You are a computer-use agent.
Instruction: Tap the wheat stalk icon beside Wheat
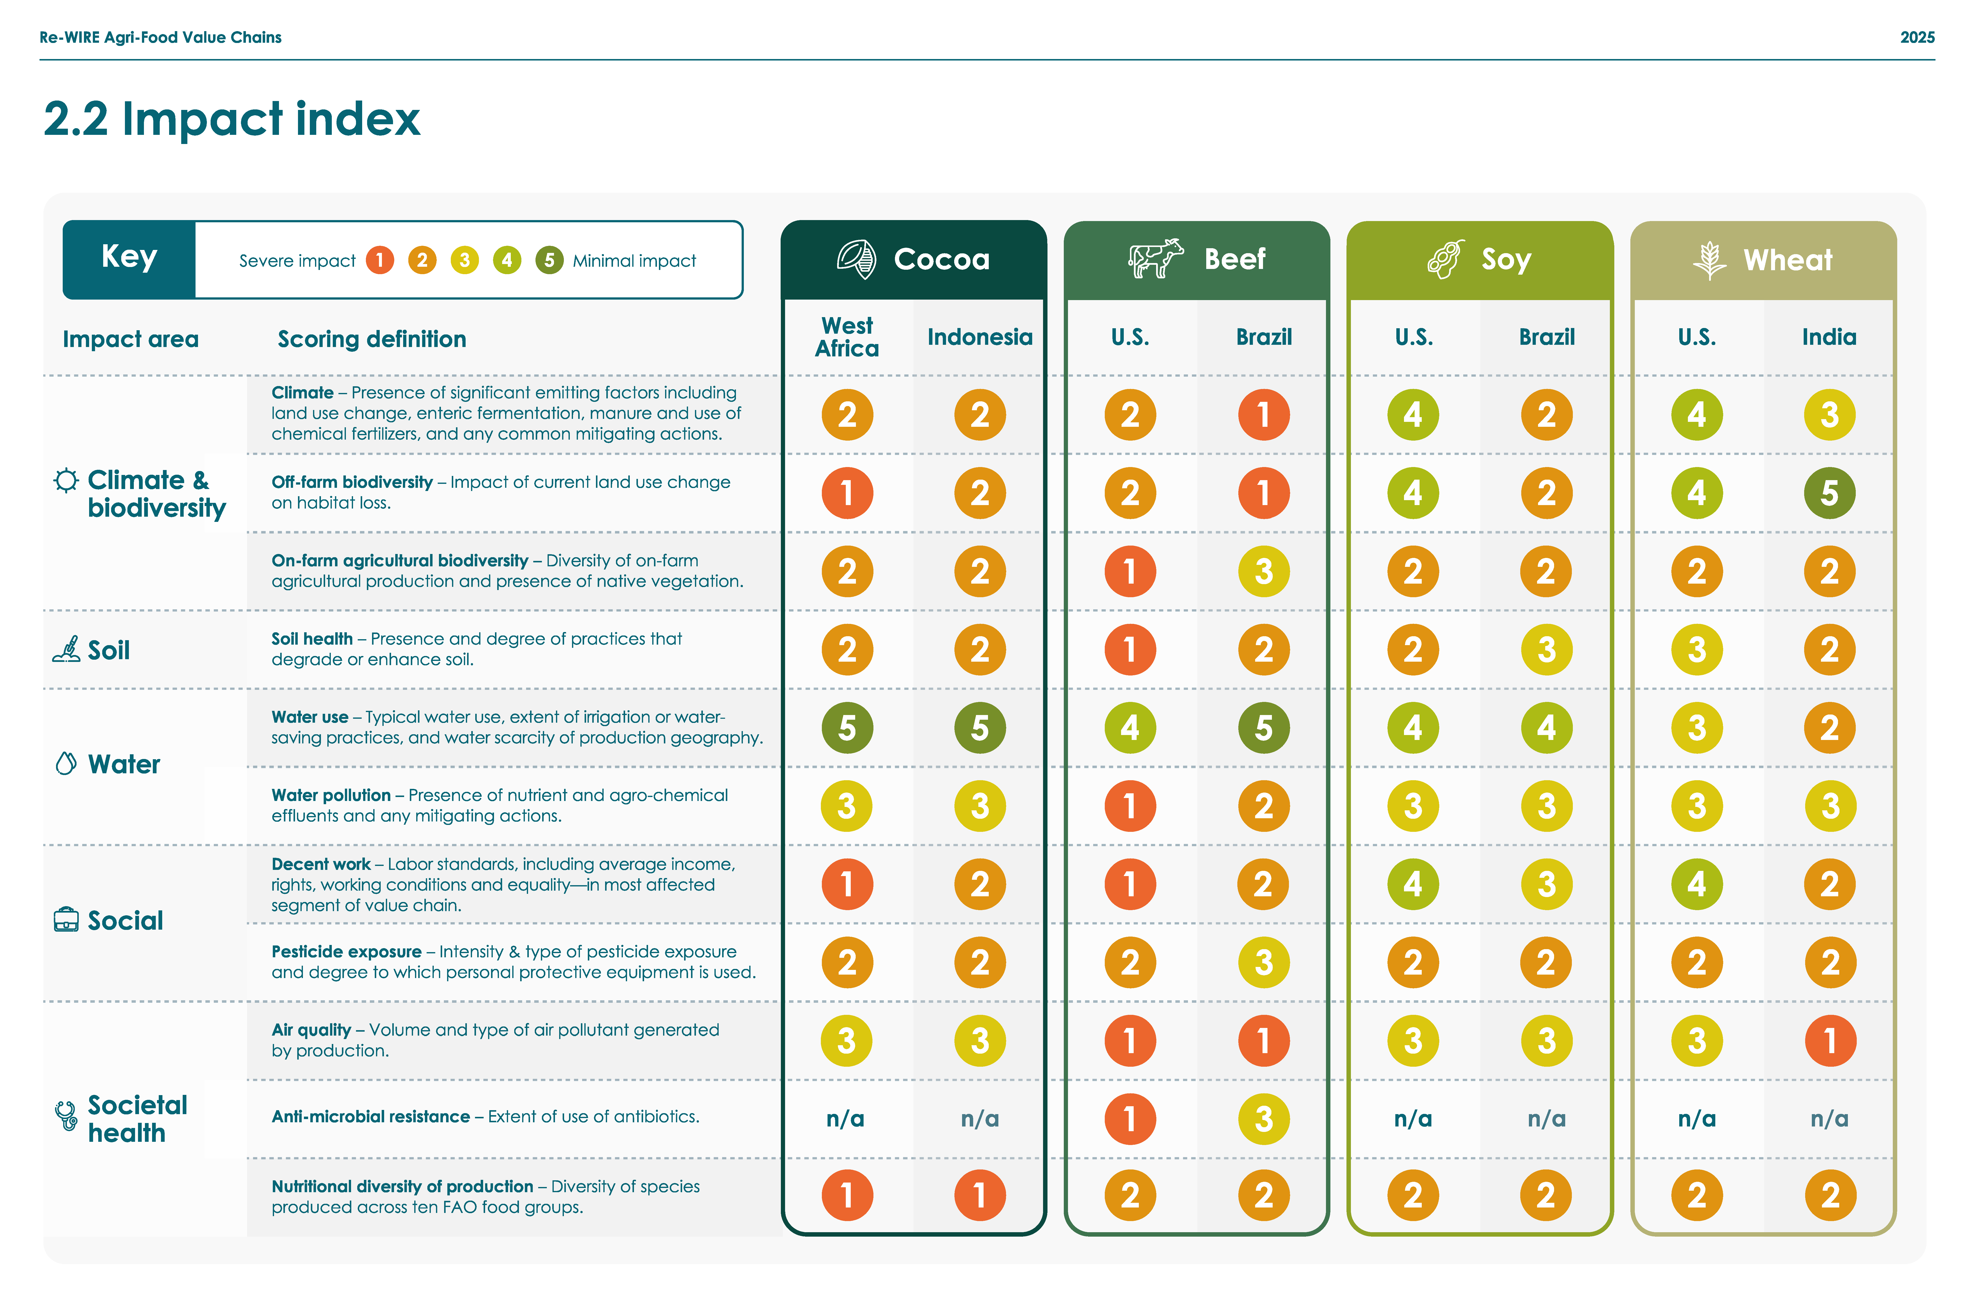point(1708,260)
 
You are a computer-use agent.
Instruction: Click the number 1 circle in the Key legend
point(380,261)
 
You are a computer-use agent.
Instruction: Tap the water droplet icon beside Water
point(66,763)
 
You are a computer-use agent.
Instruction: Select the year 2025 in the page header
point(1916,38)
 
